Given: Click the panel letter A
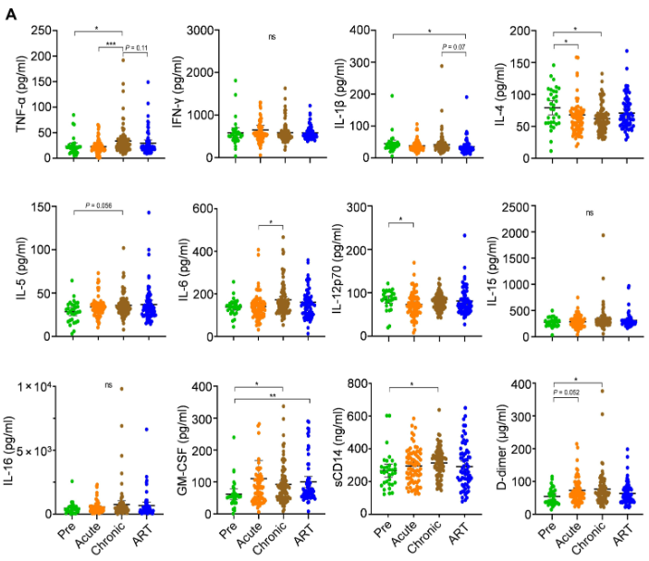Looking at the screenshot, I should point(11,12).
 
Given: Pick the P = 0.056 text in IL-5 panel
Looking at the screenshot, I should point(109,205).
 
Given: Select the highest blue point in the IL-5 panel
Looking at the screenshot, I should point(147,213).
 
